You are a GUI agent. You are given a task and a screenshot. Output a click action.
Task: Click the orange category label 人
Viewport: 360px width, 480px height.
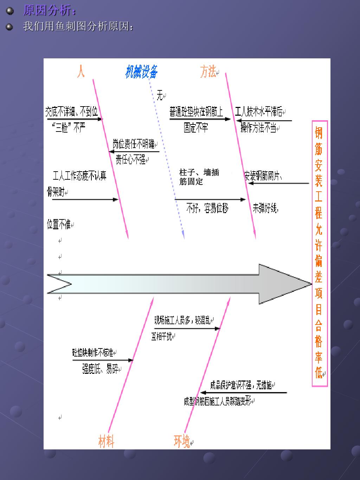click(x=81, y=71)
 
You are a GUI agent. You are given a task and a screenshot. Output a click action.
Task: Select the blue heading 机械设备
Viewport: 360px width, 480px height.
click(x=141, y=72)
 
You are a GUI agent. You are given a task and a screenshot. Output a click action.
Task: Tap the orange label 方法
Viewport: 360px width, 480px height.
click(x=208, y=72)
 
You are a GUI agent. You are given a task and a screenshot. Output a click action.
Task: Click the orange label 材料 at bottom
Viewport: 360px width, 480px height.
click(x=106, y=441)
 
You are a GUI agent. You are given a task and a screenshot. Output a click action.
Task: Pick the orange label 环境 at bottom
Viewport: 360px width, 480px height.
click(x=182, y=441)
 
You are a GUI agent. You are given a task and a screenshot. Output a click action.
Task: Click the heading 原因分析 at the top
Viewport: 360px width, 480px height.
click(x=49, y=11)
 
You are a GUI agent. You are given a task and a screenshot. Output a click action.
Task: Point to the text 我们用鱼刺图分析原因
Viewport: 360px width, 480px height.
click(x=78, y=26)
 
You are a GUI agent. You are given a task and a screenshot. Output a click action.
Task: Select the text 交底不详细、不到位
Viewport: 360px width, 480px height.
click(x=72, y=112)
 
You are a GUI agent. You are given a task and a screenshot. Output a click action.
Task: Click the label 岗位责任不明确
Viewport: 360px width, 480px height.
click(x=134, y=144)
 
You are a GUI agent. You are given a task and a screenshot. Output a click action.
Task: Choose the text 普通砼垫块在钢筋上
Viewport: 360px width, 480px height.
click(x=196, y=112)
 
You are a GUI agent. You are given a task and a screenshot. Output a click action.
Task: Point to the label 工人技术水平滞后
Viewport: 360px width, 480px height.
click(x=259, y=112)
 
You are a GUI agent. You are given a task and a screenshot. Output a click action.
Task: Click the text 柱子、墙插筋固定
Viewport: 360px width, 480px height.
click(x=199, y=177)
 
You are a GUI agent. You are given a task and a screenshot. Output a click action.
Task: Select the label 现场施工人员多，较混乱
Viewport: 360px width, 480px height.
click(x=182, y=320)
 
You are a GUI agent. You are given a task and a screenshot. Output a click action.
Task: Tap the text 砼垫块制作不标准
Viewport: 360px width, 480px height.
click(x=93, y=352)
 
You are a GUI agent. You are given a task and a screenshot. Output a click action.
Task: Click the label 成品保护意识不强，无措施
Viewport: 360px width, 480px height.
click(x=241, y=385)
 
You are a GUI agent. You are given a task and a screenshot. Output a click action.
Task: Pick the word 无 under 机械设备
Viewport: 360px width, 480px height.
click(x=160, y=95)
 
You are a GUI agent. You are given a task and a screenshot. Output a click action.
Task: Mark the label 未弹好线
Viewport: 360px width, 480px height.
click(x=265, y=209)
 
